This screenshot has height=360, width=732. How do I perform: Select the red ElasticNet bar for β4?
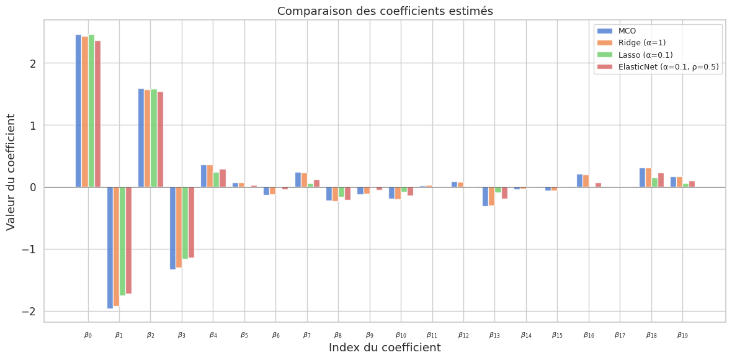coord(223,178)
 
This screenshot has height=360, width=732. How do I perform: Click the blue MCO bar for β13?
coord(486,196)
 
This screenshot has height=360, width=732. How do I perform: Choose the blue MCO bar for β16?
coord(579,181)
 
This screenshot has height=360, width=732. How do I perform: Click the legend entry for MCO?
coord(627,31)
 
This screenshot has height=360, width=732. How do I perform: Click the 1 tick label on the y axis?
coord(32,125)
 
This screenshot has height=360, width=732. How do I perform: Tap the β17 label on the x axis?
coord(620,335)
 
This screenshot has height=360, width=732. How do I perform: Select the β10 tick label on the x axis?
coord(400,335)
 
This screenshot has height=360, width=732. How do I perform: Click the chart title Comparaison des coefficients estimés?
coord(385,11)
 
